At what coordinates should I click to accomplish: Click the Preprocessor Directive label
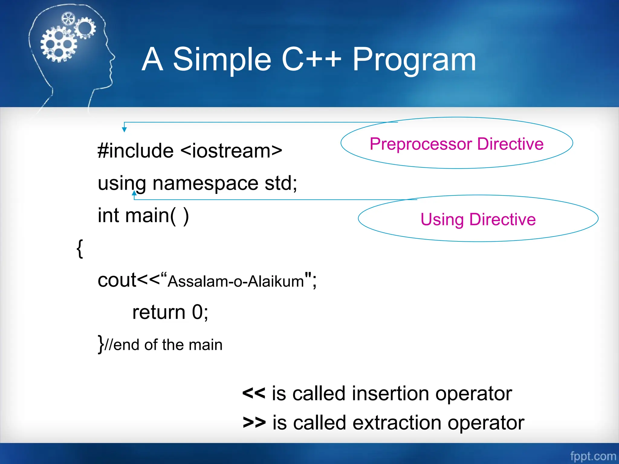tap(456, 144)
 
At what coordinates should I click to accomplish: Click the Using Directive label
tap(478, 219)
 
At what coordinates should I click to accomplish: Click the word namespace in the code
tap(205, 183)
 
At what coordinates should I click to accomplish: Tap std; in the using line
tap(281, 183)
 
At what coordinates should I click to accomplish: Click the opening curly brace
tap(79, 248)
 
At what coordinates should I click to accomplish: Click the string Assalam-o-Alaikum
tap(236, 281)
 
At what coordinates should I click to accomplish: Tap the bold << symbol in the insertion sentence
tap(254, 393)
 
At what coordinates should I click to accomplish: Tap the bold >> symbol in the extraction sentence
tap(254, 423)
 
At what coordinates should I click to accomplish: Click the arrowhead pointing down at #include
tap(124, 130)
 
